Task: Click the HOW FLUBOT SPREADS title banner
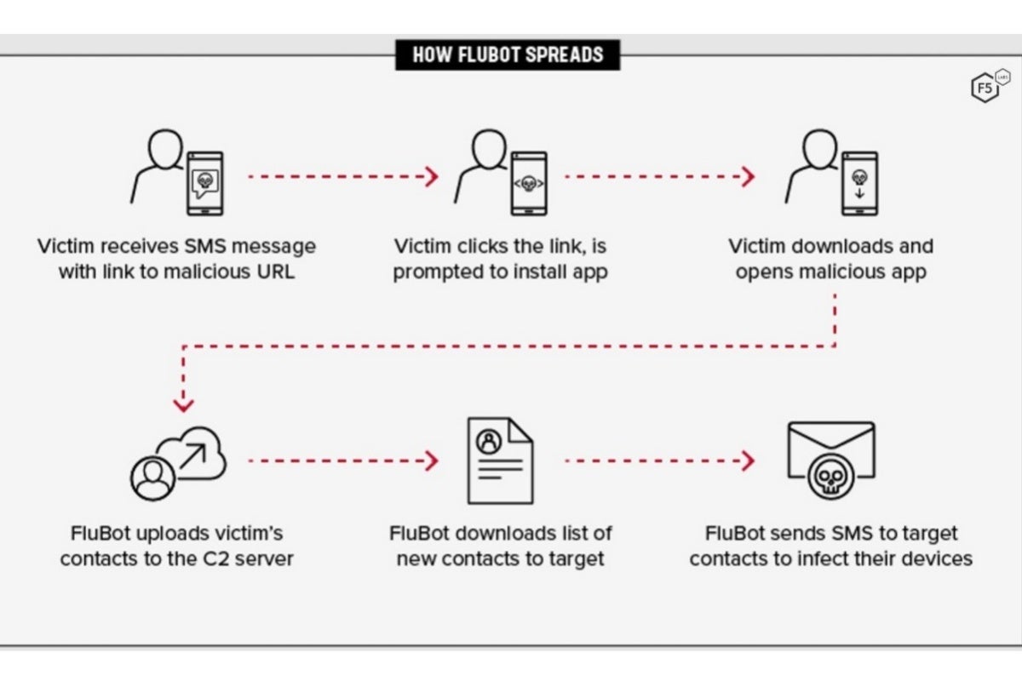[508, 54]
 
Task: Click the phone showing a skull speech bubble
[204, 184]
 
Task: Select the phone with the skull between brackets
[528, 184]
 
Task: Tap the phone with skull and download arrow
[859, 184]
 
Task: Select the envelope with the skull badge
[830, 460]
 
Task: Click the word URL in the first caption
[273, 273]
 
